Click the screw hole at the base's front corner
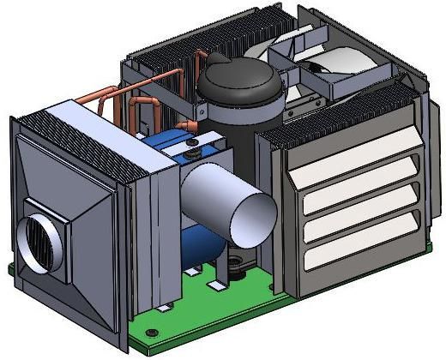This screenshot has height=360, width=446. (x=152, y=332)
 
